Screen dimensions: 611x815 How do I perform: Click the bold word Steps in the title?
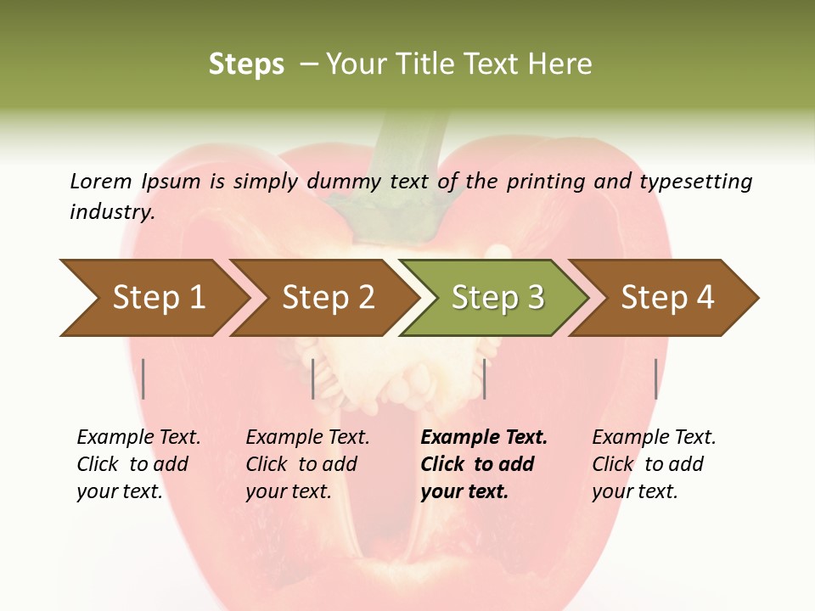(246, 64)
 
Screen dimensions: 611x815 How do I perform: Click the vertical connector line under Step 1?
(143, 378)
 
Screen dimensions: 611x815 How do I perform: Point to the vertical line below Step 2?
(313, 378)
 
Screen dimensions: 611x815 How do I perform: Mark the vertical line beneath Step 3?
(484, 378)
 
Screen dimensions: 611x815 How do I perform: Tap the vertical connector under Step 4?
(655, 378)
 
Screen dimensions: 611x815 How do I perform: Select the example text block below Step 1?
(138, 464)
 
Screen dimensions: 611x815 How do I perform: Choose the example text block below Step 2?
(307, 464)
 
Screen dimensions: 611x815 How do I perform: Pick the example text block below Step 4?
(654, 464)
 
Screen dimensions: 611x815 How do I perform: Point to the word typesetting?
(695, 182)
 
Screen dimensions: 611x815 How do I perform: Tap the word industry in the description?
(112, 212)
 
